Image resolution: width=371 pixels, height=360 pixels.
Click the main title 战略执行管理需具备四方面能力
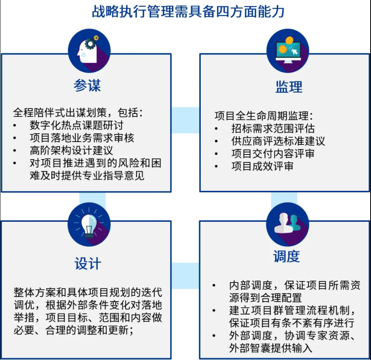(x=188, y=11)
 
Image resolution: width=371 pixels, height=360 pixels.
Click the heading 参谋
(x=87, y=85)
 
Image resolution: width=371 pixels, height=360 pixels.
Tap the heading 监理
(x=289, y=87)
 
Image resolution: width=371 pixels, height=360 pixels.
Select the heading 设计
(x=88, y=264)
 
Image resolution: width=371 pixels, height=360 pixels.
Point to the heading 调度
(x=287, y=256)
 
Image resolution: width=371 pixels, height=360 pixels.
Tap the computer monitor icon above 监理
(x=288, y=50)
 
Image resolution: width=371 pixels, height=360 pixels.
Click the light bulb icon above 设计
(x=89, y=224)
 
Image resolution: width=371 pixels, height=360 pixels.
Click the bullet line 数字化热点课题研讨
(x=76, y=125)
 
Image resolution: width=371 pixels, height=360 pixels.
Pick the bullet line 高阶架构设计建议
(x=71, y=150)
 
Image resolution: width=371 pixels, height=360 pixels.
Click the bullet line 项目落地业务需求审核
(x=82, y=137)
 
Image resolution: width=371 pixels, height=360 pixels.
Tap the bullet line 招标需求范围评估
(x=273, y=129)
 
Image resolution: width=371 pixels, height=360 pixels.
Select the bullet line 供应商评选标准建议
(x=278, y=141)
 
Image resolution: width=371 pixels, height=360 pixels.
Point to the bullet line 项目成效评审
(x=262, y=166)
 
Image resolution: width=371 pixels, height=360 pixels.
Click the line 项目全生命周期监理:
(x=264, y=116)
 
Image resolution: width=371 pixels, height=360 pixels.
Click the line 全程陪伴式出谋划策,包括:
(x=78, y=112)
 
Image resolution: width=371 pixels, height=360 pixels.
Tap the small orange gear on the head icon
(x=96, y=38)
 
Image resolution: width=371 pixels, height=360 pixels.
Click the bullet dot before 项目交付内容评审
(x=216, y=154)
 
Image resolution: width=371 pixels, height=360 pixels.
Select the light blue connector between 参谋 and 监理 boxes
(x=185, y=120)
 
